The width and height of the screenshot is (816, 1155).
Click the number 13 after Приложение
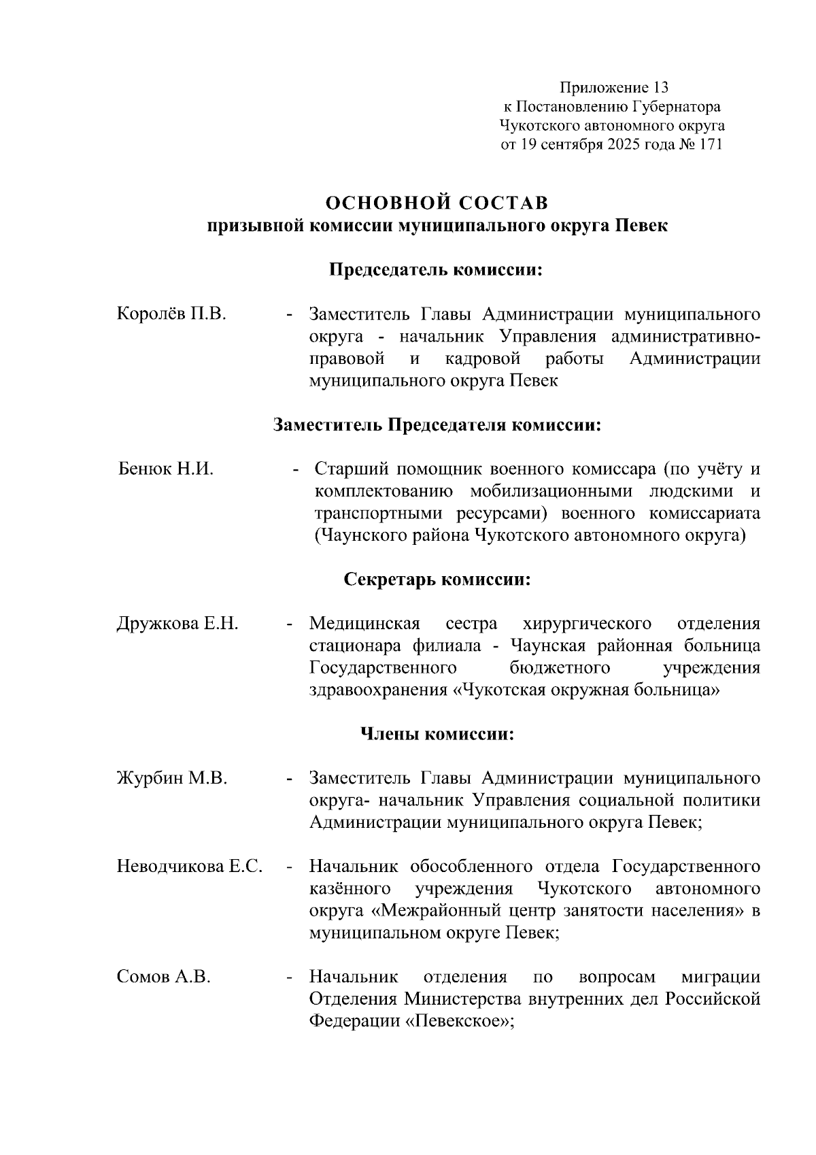[660, 88]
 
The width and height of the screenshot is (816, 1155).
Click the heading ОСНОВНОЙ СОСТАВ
[437, 203]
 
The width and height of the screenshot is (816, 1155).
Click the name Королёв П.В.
[171, 314]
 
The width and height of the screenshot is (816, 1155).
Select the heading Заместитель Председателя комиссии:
[437, 425]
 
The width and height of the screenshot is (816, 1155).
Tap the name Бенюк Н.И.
[166, 469]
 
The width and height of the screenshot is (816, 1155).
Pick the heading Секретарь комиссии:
[437, 580]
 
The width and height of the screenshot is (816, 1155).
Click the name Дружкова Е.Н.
[177, 623]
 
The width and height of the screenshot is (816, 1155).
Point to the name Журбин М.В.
[172, 777]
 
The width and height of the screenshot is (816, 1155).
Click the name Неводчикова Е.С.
[190, 867]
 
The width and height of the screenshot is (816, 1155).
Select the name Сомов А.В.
[164, 977]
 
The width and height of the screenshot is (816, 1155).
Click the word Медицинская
[364, 623]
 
